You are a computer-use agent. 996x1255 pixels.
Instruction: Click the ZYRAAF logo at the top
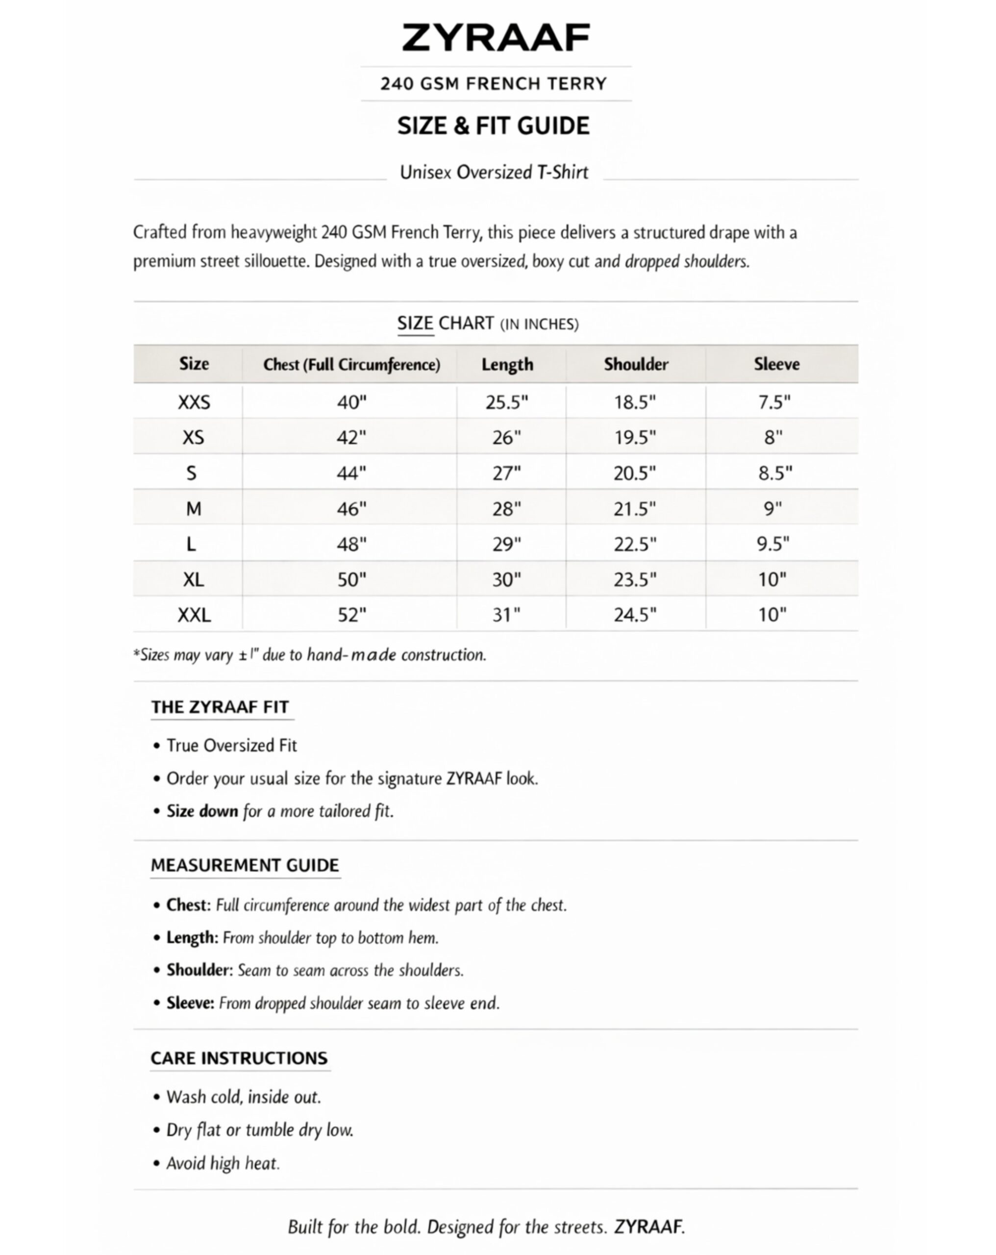pyautogui.click(x=496, y=38)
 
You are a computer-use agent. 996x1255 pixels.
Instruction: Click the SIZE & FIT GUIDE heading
pyautogui.click(x=493, y=125)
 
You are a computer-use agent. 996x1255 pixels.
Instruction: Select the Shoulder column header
pyautogui.click(x=636, y=364)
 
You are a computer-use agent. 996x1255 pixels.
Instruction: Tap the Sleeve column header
pyautogui.click(x=776, y=364)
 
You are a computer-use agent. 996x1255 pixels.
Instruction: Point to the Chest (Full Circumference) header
pyautogui.click(x=351, y=364)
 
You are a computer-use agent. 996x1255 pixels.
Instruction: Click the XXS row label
pyautogui.click(x=194, y=402)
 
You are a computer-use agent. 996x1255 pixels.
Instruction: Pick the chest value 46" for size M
pyautogui.click(x=351, y=509)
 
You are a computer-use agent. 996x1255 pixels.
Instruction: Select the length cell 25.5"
pyautogui.click(x=506, y=402)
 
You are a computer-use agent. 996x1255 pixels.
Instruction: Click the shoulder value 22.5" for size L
pyautogui.click(x=634, y=544)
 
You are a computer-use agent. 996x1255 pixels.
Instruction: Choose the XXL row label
pyautogui.click(x=194, y=615)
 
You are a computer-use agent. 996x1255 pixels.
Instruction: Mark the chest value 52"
pyautogui.click(x=351, y=615)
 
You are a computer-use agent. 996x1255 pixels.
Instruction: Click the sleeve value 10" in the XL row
pyautogui.click(x=772, y=579)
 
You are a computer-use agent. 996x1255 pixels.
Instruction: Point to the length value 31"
pyautogui.click(x=506, y=615)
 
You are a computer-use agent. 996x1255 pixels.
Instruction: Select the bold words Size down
pyautogui.click(x=202, y=811)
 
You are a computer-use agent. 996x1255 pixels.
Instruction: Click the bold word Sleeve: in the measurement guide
pyautogui.click(x=190, y=1003)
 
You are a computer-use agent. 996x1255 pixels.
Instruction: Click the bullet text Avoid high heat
pyautogui.click(x=223, y=1163)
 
